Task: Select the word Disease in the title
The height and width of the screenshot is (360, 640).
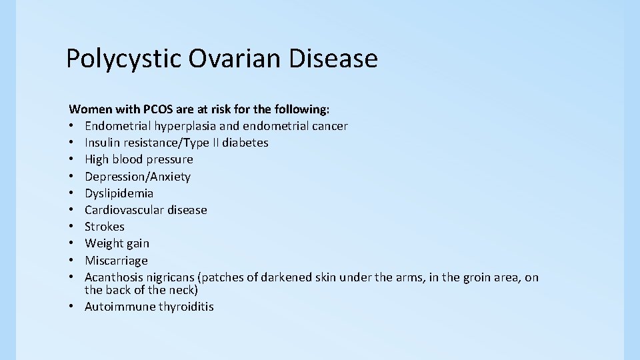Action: pyautogui.click(x=333, y=59)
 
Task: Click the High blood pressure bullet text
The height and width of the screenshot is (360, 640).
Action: pyautogui.click(x=139, y=159)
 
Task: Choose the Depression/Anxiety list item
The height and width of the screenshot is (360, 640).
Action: pyautogui.click(x=137, y=177)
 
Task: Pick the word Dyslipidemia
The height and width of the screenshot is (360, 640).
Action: pyautogui.click(x=119, y=193)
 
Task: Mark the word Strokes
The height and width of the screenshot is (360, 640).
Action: pyautogui.click(x=105, y=227)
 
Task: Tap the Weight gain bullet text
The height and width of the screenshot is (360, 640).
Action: pyautogui.click(x=117, y=243)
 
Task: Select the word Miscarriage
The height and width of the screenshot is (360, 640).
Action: pyautogui.click(x=116, y=261)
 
